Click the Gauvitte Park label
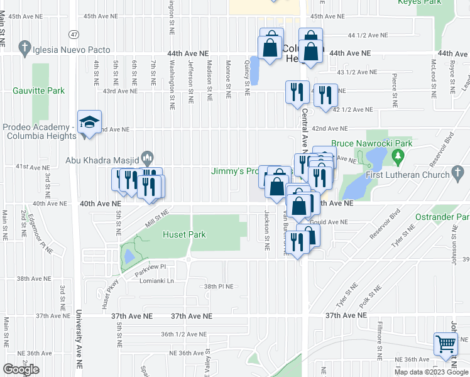39,91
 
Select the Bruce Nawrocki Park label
371,144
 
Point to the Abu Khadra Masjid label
103,160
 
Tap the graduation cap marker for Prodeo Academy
89,123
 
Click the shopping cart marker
445,344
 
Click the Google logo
21,369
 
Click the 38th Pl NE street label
218,287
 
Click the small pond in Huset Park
129,256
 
